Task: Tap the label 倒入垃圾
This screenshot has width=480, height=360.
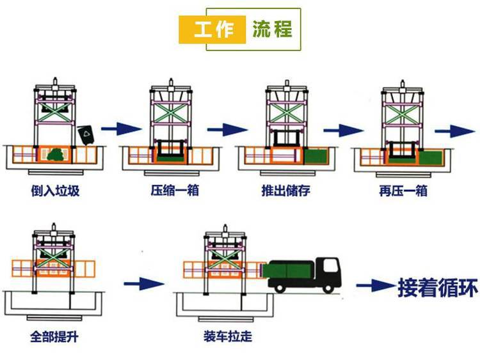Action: (x=55, y=191)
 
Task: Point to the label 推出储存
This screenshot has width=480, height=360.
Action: (x=286, y=191)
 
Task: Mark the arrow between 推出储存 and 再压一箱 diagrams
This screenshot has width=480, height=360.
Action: (x=339, y=130)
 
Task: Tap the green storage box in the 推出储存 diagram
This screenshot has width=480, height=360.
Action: (x=316, y=156)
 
